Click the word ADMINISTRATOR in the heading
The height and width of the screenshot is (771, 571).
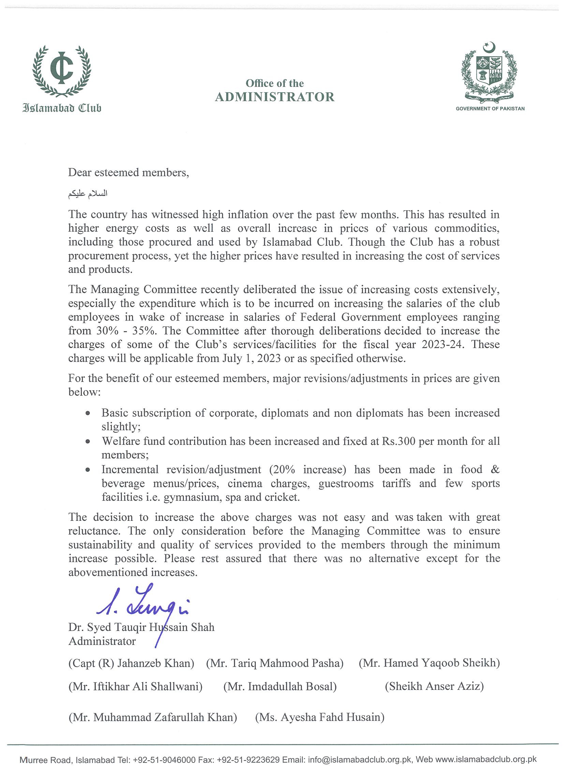click(x=275, y=97)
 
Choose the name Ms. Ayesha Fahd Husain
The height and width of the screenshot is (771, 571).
click(x=320, y=717)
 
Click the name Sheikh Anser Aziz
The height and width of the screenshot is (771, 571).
click(x=434, y=686)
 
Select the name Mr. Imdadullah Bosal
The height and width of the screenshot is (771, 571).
click(x=280, y=686)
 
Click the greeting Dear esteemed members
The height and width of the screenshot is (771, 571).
click(x=129, y=172)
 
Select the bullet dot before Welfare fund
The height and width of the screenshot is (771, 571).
click(x=89, y=441)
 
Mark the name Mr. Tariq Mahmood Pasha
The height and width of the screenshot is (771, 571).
click(x=275, y=663)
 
